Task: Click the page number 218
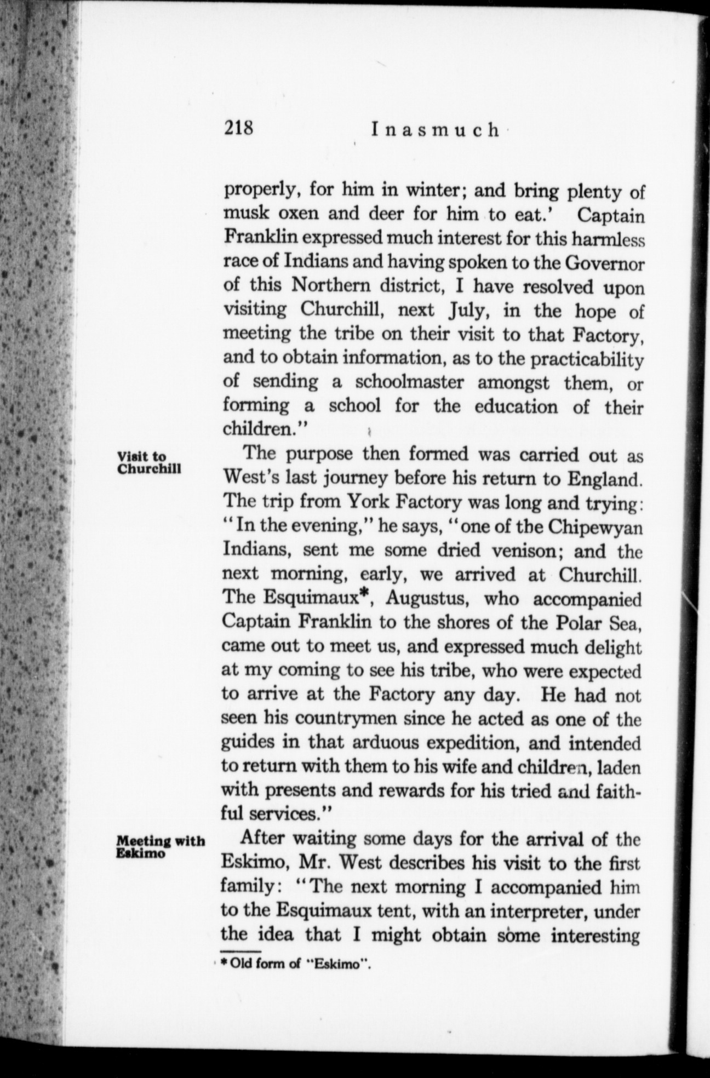tap(237, 128)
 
